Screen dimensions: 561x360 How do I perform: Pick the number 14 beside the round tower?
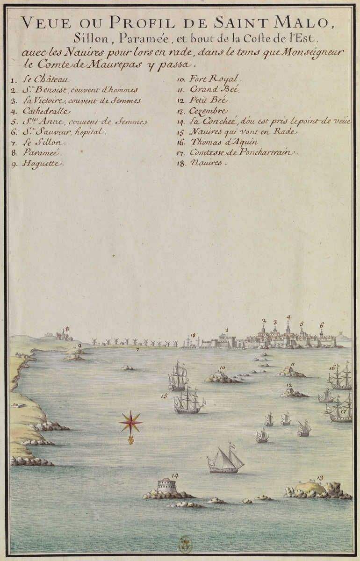175,476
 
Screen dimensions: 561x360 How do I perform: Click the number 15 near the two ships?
164,396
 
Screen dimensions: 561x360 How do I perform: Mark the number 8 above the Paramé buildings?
67,329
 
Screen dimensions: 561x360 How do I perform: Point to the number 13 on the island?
320,478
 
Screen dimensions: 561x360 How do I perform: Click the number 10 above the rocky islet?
223,368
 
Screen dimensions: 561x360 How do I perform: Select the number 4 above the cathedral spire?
288,317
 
